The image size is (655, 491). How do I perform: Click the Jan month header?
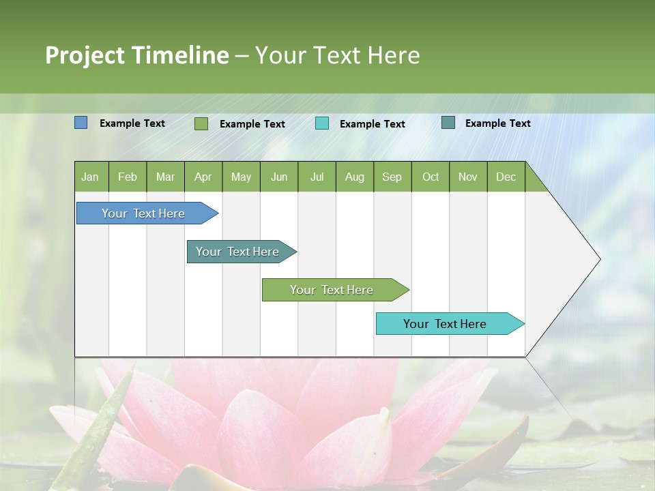click(x=90, y=177)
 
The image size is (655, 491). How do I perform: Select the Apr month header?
click(x=203, y=177)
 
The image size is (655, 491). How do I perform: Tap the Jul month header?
click(x=317, y=177)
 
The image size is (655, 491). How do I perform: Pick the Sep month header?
click(x=392, y=177)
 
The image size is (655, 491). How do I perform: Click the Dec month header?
click(x=506, y=177)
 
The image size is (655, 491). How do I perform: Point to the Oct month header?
click(x=431, y=177)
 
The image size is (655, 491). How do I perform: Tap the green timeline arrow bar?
click(x=332, y=290)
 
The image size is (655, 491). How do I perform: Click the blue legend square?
click(x=81, y=123)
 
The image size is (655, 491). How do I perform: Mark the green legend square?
click(x=201, y=123)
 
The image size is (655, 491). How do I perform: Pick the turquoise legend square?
click(x=322, y=123)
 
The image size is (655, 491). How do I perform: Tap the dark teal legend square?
click(x=448, y=123)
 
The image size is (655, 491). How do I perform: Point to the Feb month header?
click(x=128, y=177)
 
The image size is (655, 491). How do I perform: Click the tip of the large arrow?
click(x=599, y=259)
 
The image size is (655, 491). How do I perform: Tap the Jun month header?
click(x=279, y=177)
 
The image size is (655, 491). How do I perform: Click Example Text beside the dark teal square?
click(x=497, y=123)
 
